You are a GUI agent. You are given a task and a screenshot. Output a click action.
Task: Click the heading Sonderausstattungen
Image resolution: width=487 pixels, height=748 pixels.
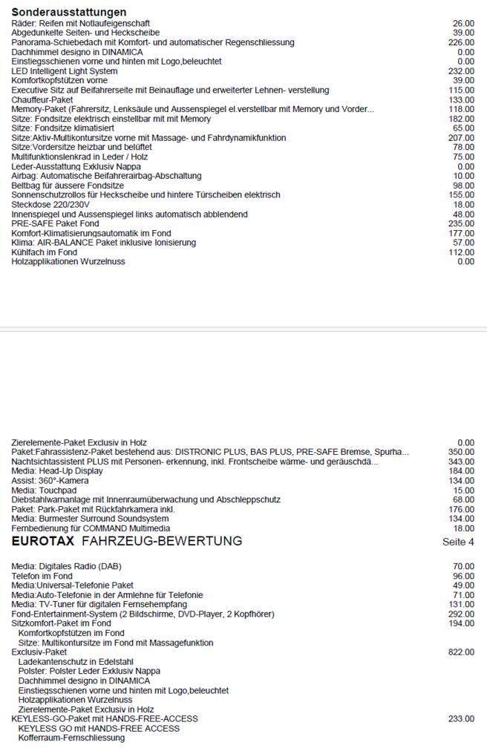click(x=69, y=12)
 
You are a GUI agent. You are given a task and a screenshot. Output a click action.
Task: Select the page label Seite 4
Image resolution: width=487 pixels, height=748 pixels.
click(x=458, y=542)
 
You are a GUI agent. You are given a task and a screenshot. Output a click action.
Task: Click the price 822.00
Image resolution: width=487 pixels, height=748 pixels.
click(x=462, y=652)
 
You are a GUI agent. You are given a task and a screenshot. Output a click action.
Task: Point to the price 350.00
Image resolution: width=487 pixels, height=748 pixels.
click(x=462, y=452)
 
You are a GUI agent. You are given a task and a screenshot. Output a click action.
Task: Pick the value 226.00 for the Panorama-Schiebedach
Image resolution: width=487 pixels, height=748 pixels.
click(x=462, y=42)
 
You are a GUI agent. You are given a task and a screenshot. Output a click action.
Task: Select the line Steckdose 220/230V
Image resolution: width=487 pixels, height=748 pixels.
click(x=50, y=204)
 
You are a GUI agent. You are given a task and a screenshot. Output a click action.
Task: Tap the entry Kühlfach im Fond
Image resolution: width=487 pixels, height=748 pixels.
click(x=45, y=252)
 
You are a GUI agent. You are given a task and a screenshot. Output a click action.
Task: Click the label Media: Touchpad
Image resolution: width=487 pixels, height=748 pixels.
click(x=45, y=490)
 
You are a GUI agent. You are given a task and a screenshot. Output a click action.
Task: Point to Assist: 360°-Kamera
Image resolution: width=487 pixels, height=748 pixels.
click(x=50, y=480)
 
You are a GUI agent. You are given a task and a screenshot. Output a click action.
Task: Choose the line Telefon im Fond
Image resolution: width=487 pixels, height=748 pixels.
click(x=42, y=576)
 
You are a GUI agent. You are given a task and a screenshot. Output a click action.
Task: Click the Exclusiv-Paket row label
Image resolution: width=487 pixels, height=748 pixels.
click(x=39, y=652)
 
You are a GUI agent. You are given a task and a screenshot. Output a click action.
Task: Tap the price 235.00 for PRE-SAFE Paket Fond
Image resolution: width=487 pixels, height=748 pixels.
click(x=462, y=223)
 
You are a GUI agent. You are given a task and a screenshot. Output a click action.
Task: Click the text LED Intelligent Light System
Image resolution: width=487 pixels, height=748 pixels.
click(x=65, y=71)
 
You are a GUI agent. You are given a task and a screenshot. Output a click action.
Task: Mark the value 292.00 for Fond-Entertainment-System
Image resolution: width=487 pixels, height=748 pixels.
click(x=462, y=614)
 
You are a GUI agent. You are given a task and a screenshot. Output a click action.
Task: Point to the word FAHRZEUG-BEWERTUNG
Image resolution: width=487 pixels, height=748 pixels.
click(x=162, y=541)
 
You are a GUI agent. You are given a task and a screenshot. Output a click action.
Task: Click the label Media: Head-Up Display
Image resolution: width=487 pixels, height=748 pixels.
click(x=58, y=470)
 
